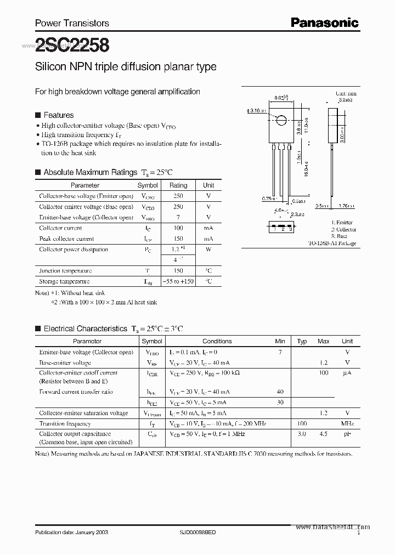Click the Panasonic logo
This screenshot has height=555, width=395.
[x=324, y=22]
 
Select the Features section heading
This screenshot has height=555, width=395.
[x=58, y=115]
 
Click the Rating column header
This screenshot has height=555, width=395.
[x=178, y=185]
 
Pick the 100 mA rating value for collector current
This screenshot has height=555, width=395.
[x=178, y=228]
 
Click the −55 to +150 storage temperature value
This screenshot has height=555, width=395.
[x=178, y=281]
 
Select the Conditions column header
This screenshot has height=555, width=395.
[x=217, y=341]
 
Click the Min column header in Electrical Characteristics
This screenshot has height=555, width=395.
[x=280, y=341]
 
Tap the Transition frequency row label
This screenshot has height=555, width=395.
[x=65, y=424]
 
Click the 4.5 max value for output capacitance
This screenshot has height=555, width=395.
[x=324, y=434]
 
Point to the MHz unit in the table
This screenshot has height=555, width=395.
[x=347, y=424]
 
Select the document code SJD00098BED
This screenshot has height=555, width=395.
[x=198, y=533]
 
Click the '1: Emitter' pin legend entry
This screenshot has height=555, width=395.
[x=342, y=223]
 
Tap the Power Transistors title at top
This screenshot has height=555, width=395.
[x=72, y=23]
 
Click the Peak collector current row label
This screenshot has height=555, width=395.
[x=66, y=239]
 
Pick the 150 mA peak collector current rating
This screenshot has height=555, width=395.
[x=178, y=239]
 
